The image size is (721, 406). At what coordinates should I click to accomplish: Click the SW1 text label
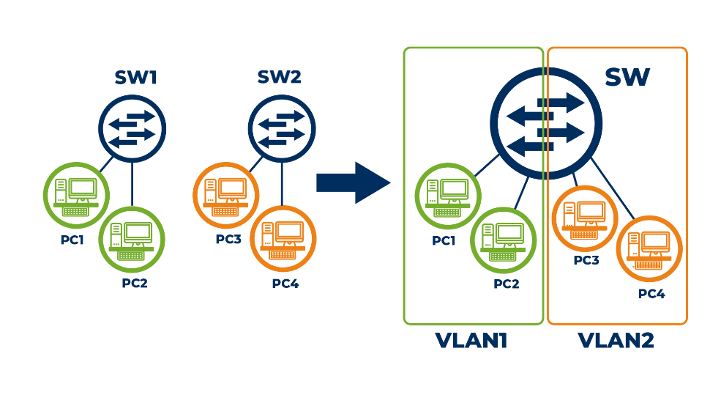pos(135,78)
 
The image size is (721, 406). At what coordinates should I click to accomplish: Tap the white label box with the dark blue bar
pos(284,74)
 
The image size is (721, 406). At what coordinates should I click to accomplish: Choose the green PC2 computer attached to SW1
pos(132,239)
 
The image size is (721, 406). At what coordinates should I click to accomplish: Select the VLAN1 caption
pos(471,341)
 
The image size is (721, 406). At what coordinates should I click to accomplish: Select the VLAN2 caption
pos(616,341)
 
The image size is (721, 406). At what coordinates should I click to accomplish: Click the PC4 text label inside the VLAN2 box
pos(651,294)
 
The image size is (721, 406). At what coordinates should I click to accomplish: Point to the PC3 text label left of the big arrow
pos(228,239)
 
